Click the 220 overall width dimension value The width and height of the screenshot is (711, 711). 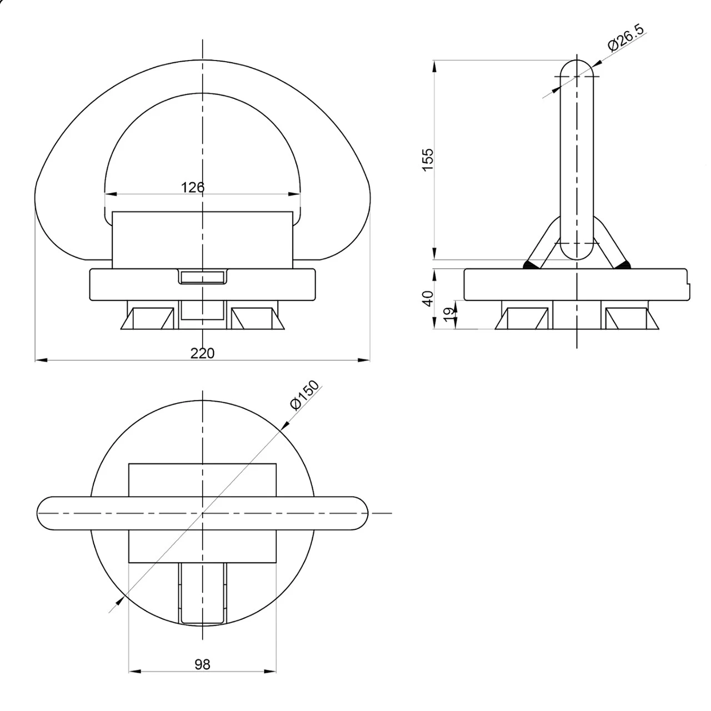point(202,353)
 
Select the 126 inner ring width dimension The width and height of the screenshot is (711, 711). point(193,187)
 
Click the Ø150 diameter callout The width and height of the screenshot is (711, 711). point(304,395)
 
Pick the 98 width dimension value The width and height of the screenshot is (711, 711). point(203,664)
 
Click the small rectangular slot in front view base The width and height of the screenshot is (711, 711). point(203,277)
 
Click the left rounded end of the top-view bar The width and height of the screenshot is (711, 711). point(47,513)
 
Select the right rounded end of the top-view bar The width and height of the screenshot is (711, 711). point(358,513)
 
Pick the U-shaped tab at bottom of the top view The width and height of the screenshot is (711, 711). point(203,593)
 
